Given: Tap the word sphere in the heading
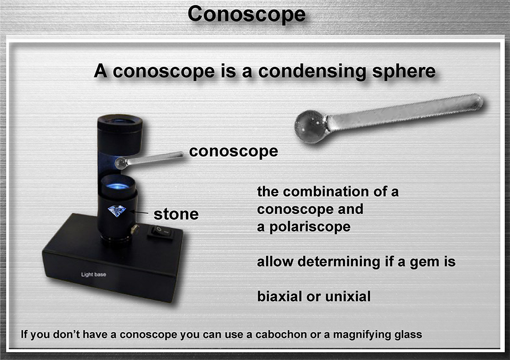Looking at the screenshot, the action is [404, 71].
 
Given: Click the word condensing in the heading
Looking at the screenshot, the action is [312, 72].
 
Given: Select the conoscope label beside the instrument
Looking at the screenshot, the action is [234, 151].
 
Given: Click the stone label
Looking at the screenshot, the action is [176, 214].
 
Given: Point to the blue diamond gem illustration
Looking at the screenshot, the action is [117, 211].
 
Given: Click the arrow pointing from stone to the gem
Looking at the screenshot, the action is [140, 213].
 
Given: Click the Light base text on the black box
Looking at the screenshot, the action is [93, 274].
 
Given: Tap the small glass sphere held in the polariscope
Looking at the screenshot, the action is [121, 163].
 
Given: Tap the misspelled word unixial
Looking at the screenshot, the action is [347, 296].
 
